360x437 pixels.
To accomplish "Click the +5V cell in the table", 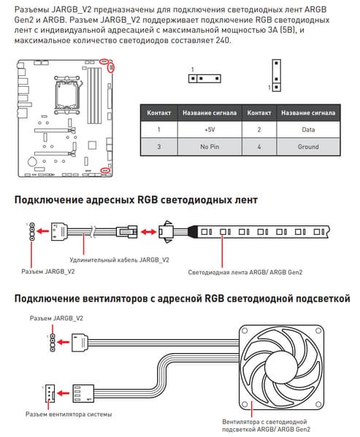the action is [210, 130].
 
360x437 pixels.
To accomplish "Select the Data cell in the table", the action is [308, 130].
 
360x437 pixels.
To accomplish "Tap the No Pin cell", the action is [210, 147].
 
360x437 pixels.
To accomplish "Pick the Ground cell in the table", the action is [308, 147].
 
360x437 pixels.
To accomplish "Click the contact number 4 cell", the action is [259, 147].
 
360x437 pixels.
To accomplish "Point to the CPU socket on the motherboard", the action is [66, 94].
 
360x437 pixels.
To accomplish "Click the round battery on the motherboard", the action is [32, 161].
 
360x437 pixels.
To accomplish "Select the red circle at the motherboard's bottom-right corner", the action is [105, 170].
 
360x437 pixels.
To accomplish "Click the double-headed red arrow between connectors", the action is [148, 231].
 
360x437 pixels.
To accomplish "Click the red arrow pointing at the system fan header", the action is [63, 393].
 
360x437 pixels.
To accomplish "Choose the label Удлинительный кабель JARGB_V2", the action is [119, 260].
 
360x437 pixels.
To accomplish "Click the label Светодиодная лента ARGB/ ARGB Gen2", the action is [245, 272].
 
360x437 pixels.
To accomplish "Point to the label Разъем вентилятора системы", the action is [69, 414].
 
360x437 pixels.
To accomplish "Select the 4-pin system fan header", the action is [50, 393].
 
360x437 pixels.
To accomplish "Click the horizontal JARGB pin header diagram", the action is [204, 79].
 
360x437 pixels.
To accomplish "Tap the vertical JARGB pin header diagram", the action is [276, 75].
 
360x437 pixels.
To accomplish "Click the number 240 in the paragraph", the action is [223, 40].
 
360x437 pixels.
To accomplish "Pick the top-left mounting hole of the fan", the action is [245, 330].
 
